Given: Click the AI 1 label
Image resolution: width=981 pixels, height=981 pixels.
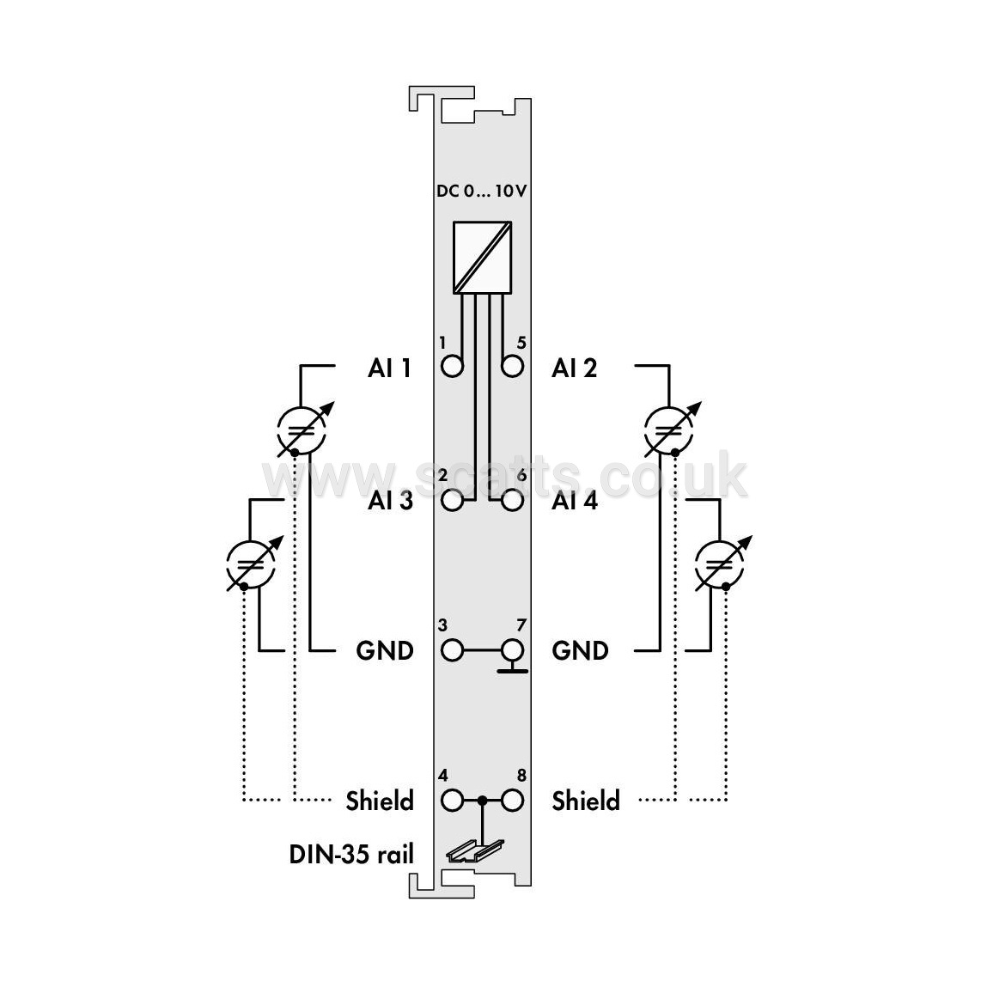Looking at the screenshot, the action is pos(389,368).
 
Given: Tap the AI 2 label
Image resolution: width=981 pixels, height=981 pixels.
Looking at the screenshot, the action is pos(575,368).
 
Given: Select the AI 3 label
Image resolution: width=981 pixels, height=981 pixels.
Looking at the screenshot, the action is pos(390,501).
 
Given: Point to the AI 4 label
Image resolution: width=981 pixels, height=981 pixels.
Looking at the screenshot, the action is pos(575,501).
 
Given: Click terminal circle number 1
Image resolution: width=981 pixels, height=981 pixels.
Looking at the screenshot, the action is pos(453,366).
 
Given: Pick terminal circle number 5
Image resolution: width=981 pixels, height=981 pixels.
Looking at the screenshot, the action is pos(512,366).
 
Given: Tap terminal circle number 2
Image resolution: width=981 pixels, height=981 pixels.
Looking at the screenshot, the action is pos(453,501).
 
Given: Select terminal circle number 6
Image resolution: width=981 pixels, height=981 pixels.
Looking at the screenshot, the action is pos(512,501).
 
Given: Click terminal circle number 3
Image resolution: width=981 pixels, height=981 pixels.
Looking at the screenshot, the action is pos(453,650).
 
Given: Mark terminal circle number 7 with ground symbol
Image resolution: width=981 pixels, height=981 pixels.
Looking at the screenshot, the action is pos(512,650).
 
